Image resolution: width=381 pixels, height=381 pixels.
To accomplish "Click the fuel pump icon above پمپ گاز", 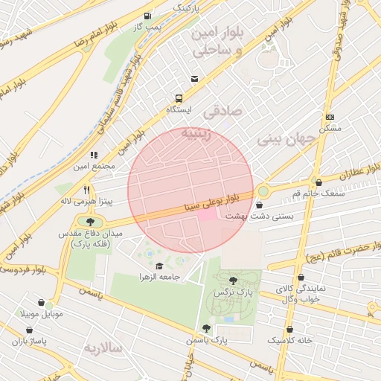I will [x=147, y=16].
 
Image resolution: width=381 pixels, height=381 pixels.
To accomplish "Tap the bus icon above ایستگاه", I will [x=179, y=98].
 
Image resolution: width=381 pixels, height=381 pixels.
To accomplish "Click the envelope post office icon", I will [x=194, y=79].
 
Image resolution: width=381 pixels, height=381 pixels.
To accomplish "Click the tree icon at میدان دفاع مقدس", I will [x=90, y=221].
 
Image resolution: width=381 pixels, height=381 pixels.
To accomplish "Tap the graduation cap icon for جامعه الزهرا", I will [x=159, y=266].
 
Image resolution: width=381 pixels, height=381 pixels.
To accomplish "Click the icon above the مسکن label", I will [x=330, y=117].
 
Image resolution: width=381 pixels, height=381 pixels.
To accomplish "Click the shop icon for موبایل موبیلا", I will [x=48, y=304].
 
